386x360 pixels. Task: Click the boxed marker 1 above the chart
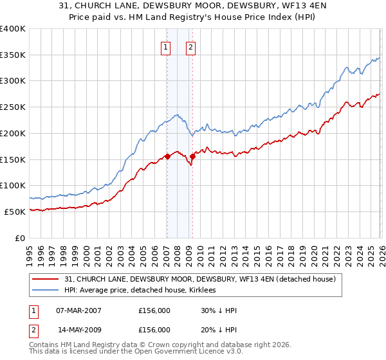[166, 46]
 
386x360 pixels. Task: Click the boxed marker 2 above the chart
[191, 46]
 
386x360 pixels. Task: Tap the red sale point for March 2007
[167, 156]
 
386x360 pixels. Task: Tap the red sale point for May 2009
[192, 156]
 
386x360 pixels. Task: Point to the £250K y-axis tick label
[13, 107]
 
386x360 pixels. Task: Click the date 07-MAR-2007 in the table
[79, 310]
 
